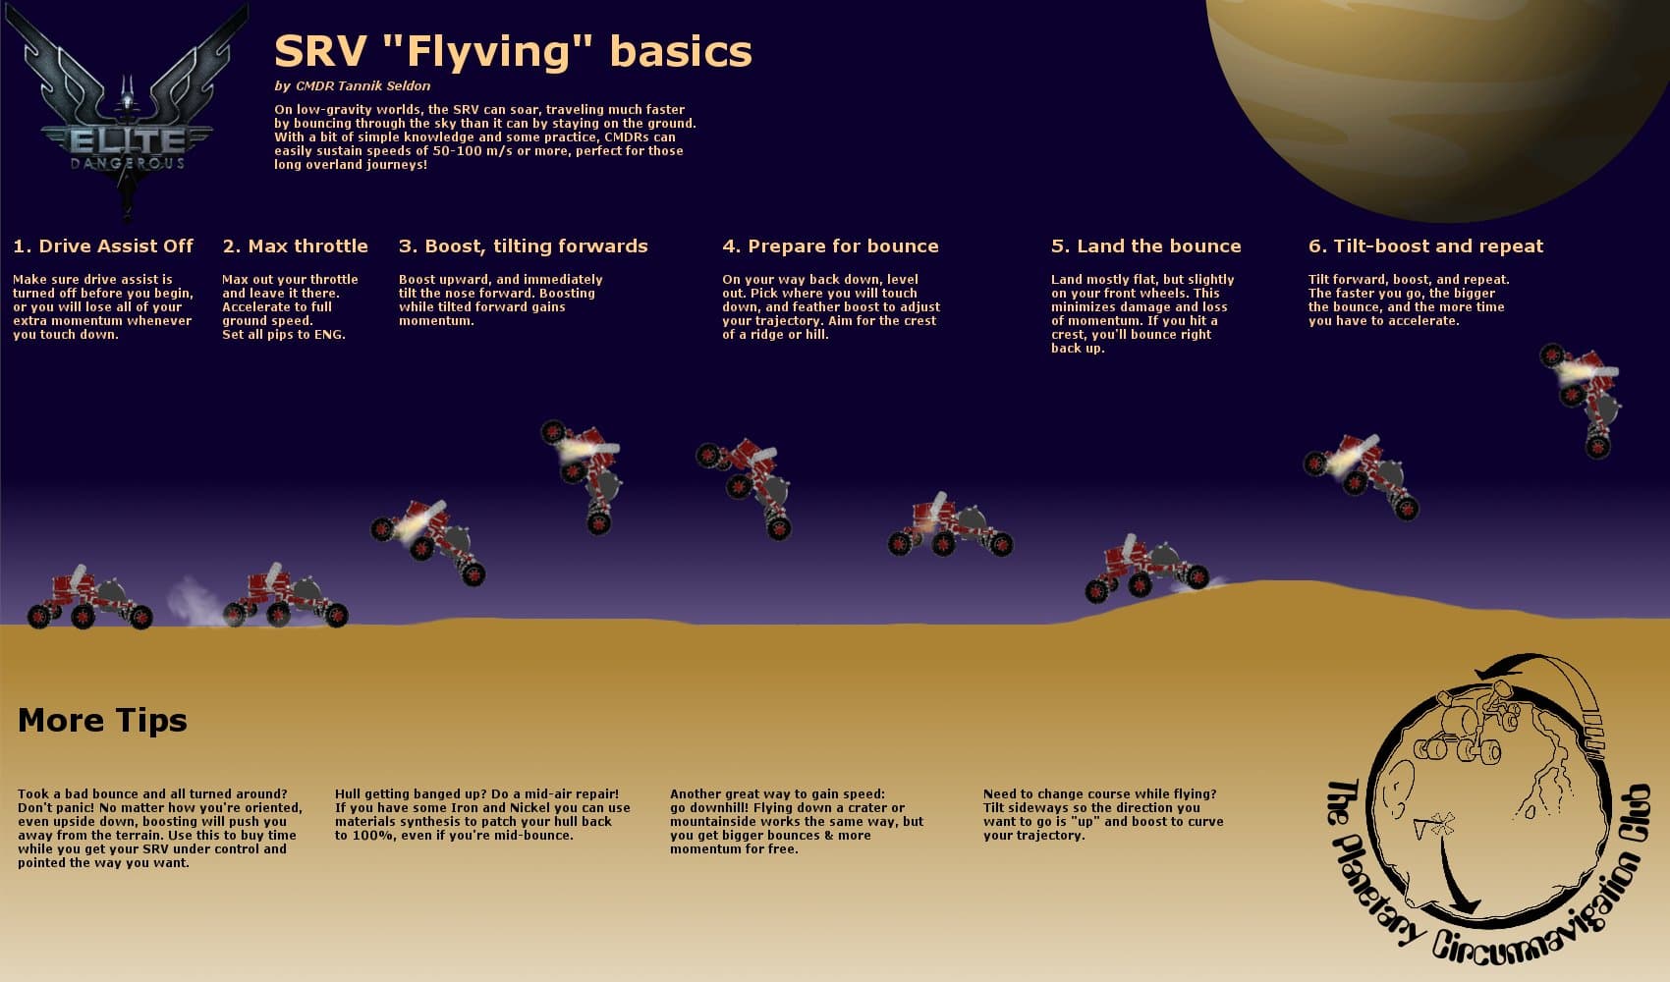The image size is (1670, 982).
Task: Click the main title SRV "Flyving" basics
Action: click(512, 52)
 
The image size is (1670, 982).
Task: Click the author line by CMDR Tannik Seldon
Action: click(352, 86)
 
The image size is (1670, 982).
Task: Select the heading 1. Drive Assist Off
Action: click(103, 246)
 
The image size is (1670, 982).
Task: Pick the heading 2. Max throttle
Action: click(295, 246)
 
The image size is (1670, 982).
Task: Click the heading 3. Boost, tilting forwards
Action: click(523, 246)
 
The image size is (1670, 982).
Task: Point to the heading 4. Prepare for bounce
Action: click(830, 246)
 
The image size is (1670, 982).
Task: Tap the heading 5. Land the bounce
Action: click(1145, 246)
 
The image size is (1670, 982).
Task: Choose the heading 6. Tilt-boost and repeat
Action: click(1425, 246)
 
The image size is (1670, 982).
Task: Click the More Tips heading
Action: click(102, 721)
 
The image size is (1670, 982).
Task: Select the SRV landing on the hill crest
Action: click(1145, 569)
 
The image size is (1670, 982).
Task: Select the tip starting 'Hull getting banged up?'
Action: click(481, 815)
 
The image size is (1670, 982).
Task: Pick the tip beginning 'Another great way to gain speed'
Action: click(796, 821)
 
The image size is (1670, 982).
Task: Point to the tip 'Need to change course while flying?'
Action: click(1102, 815)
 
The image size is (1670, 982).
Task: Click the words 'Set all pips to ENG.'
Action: click(283, 335)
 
